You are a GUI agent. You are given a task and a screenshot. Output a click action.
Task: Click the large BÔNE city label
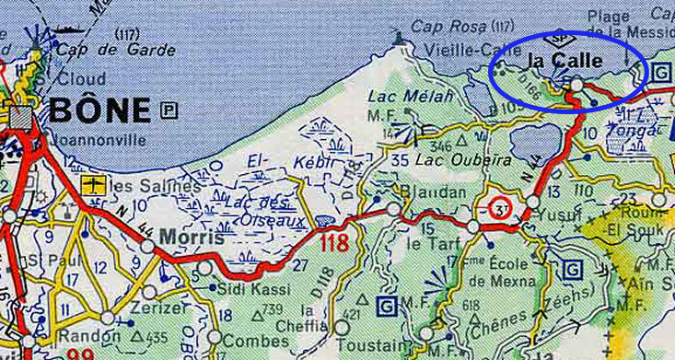[99, 111]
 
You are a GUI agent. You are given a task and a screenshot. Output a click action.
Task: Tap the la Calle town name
[565, 61]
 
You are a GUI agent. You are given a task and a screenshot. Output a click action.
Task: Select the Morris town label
[192, 237]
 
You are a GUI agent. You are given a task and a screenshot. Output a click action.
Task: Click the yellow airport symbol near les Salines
[91, 186]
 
